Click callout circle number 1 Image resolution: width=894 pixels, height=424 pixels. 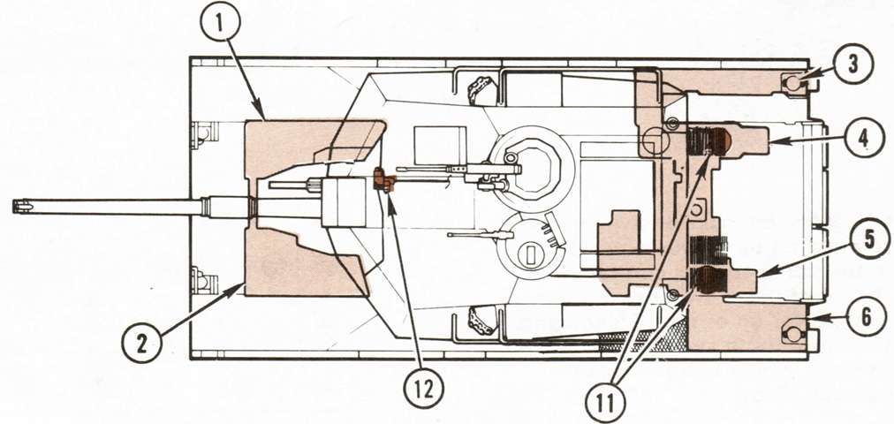point(220,22)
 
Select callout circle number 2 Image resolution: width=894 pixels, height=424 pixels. point(142,343)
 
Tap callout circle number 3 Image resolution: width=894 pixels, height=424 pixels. point(853,64)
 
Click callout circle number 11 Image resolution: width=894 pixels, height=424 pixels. point(606,402)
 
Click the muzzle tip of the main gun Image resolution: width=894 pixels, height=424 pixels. point(13,207)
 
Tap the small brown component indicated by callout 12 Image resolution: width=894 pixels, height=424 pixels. point(384,180)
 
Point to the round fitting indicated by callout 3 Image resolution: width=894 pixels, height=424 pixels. point(792,83)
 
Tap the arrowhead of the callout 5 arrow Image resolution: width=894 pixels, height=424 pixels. point(760,276)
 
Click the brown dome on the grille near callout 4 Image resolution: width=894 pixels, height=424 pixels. point(720,141)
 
